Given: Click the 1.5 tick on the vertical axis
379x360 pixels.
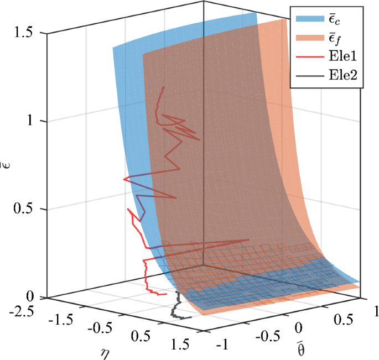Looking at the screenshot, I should pyautogui.click(x=24, y=33).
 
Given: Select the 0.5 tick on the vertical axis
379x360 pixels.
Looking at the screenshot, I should pyautogui.click(x=24, y=209).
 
